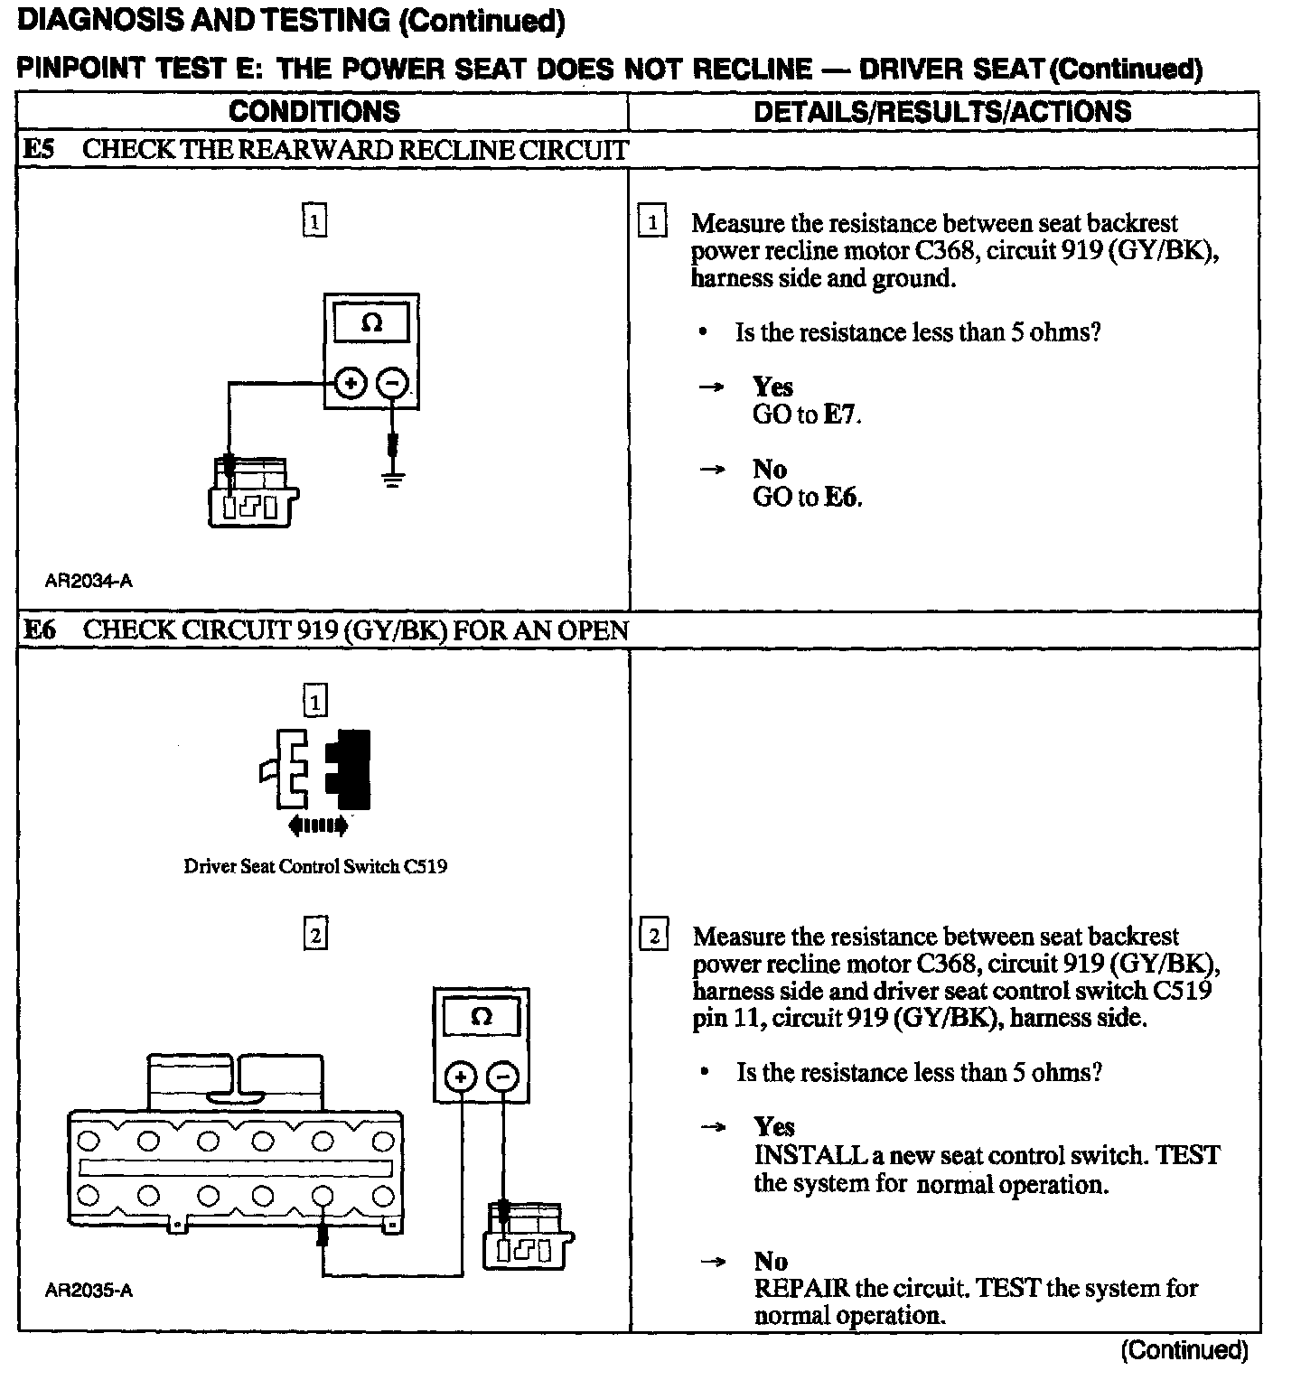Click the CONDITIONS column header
(314, 111)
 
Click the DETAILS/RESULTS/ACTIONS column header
(941, 111)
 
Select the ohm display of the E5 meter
(371, 322)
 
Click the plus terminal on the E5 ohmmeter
(351, 384)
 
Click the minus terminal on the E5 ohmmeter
(392, 384)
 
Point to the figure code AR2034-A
(89, 581)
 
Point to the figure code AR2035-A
(89, 1291)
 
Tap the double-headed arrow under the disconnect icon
(316, 825)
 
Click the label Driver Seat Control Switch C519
(315, 867)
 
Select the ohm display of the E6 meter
(482, 1017)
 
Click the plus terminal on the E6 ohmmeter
(461, 1077)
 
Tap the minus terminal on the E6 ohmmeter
(503, 1077)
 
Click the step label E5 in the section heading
(39, 150)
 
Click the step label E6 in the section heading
(39, 629)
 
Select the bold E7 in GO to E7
(840, 415)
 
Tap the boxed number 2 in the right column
(653, 936)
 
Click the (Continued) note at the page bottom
(1184, 1350)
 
